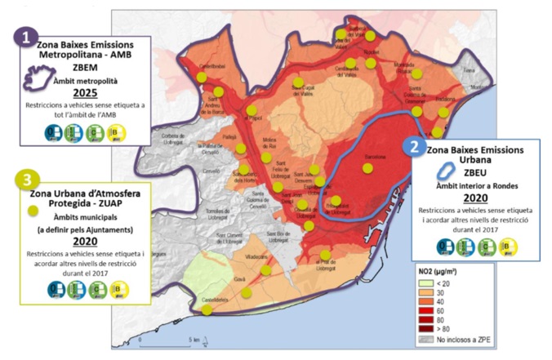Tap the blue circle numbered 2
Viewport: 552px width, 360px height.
(415, 147)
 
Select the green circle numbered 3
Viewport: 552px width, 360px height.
(28, 180)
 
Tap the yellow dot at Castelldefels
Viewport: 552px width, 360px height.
(207, 309)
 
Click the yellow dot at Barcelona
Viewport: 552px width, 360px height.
(367, 168)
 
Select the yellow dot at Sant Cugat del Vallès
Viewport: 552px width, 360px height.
(299, 83)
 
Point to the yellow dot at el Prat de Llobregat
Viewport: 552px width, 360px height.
(326, 253)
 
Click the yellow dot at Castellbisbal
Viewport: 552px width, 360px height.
(202, 77)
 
